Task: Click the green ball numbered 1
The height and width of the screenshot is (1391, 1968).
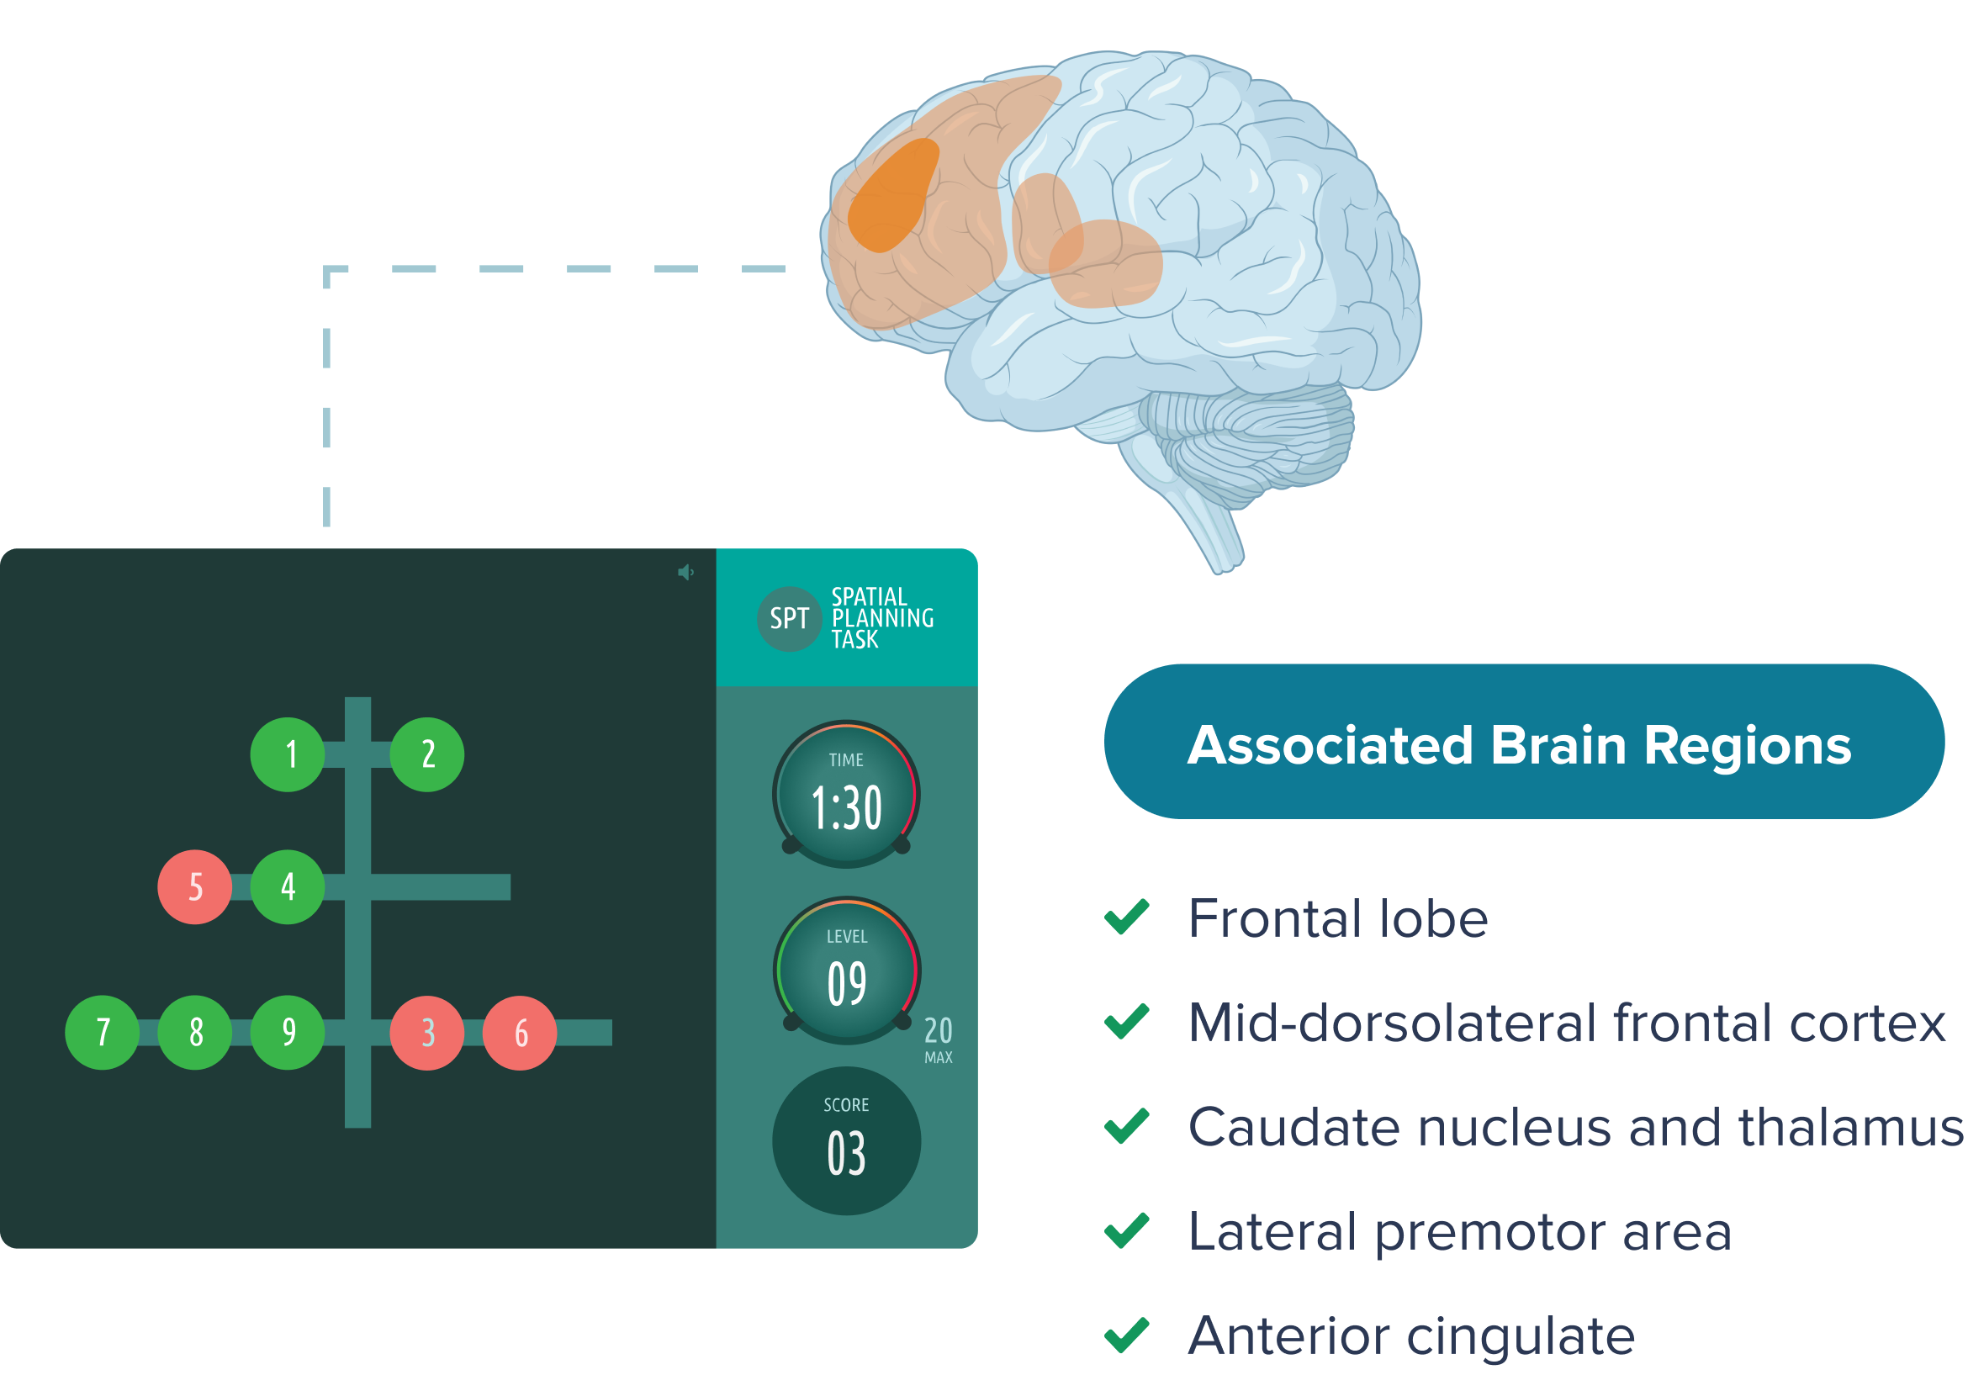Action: (x=288, y=754)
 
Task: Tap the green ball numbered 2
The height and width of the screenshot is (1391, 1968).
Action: (x=427, y=754)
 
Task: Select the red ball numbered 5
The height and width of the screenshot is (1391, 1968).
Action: (x=194, y=887)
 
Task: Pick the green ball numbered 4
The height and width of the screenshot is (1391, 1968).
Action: (x=288, y=887)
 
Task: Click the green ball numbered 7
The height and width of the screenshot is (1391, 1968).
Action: (x=102, y=1033)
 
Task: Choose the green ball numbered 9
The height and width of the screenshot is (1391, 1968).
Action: (x=288, y=1033)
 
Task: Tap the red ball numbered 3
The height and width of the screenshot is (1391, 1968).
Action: (x=427, y=1033)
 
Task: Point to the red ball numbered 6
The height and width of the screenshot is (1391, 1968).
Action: (x=521, y=1033)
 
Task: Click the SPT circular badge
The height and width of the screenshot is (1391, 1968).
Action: (x=790, y=619)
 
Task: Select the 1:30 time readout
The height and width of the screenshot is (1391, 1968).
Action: (x=847, y=807)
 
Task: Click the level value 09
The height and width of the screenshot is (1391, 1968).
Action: (x=847, y=983)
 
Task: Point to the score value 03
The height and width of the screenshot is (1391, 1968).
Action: (x=847, y=1154)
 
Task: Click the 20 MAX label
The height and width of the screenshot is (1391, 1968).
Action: (x=939, y=1039)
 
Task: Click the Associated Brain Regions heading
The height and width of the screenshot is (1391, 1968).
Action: (x=1519, y=744)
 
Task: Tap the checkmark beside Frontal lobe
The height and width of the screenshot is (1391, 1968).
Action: (x=1126, y=917)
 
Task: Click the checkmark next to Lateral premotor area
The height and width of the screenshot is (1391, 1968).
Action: (x=1126, y=1230)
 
